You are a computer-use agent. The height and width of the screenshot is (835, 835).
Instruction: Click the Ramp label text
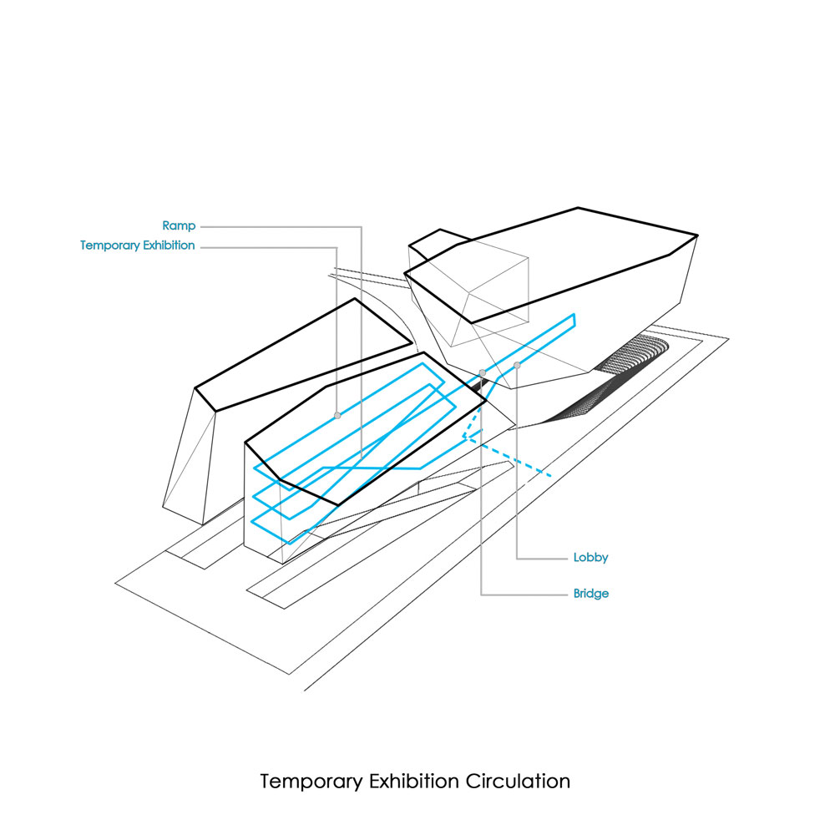coord(179,225)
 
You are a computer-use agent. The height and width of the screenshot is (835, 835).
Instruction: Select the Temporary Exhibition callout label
coord(138,245)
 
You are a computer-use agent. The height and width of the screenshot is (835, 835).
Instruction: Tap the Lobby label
coord(590,557)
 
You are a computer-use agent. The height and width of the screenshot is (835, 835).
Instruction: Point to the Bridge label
coord(591,594)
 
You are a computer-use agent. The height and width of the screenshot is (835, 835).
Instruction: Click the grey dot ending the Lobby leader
coord(518,365)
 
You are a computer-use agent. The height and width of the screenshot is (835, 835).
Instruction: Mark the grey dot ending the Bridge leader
coord(483,372)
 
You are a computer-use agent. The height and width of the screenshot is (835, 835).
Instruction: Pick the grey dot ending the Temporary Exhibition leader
coord(337,415)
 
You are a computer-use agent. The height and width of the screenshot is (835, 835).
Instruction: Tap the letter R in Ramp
coord(166,225)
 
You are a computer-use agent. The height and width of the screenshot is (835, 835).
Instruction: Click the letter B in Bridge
coord(577,594)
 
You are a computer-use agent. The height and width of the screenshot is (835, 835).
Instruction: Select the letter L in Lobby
coord(576,557)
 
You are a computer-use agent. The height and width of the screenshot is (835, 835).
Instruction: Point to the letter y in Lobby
coord(605,559)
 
